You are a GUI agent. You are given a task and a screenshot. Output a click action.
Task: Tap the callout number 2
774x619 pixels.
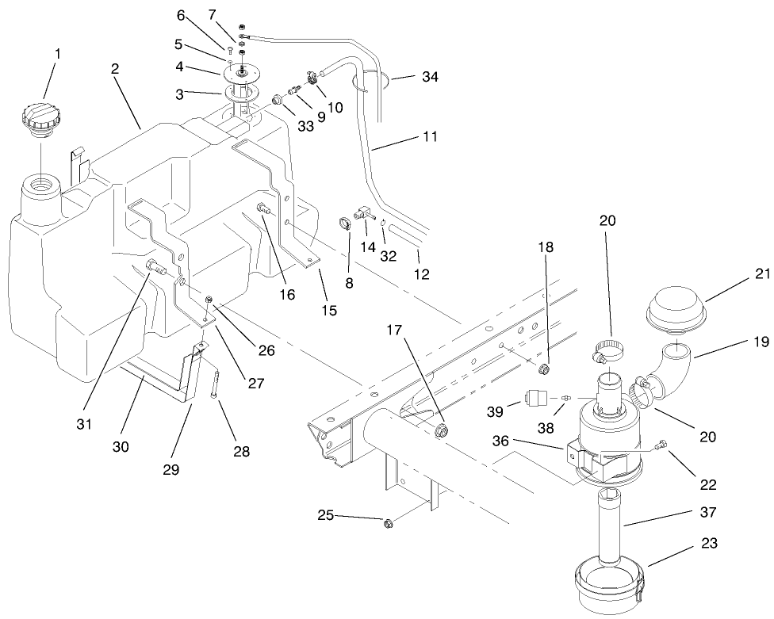[115, 70]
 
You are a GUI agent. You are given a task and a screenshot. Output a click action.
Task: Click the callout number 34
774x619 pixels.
[430, 77]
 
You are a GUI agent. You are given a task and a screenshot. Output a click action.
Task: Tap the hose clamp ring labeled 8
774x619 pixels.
[346, 224]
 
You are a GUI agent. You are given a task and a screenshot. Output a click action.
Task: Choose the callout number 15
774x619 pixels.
[330, 311]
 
